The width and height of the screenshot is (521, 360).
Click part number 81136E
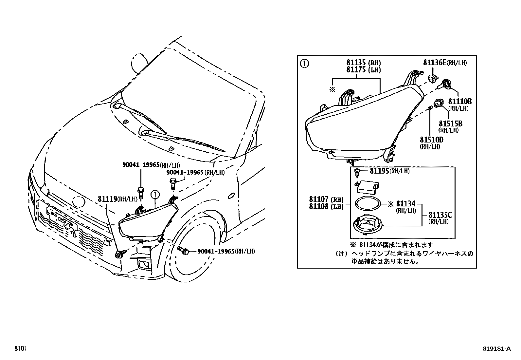point(435,63)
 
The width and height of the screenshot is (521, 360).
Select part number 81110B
point(460,102)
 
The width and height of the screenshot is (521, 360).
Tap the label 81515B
point(450,123)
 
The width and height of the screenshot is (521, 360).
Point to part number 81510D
point(431,140)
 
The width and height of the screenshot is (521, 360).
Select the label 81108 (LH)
point(326,207)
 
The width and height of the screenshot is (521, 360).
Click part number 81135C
point(440,215)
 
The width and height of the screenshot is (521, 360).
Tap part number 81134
point(405,204)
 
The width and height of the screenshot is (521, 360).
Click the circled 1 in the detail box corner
point(304,63)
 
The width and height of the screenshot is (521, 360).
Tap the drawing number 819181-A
point(496,349)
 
